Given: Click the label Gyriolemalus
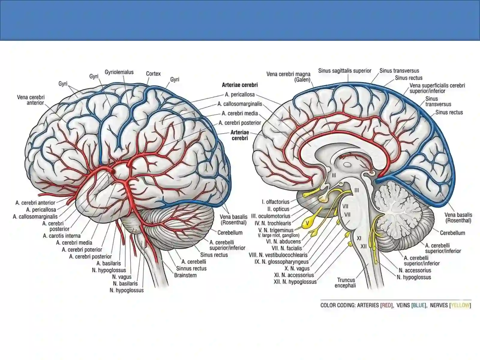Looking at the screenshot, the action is pos(119,72).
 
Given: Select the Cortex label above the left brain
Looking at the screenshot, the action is pos(153,74).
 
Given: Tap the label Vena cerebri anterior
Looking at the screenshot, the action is pos(31,100).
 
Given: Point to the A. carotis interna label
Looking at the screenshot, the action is pos(62,236).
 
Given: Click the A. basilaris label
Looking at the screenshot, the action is pos(109,263).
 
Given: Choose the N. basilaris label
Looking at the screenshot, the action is pos(125,283).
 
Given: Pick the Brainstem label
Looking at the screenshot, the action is pos(185,275).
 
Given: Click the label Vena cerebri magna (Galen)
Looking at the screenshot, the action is pos(288,77).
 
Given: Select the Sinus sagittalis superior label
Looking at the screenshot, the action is pos(345,71).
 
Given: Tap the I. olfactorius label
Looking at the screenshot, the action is pos(275,202).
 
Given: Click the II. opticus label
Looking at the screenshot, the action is pos(278,209).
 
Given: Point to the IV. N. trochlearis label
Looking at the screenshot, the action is pos(273,223).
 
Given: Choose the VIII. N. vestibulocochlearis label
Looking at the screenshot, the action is pos(278,255).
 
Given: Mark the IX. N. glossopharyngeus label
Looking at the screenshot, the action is pos(281,262).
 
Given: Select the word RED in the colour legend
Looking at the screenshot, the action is pos(386,305).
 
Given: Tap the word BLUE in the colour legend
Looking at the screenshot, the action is pos(419,305).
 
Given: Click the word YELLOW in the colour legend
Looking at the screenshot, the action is pos(460,305).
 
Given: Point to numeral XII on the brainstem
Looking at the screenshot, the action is pos(363,246).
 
